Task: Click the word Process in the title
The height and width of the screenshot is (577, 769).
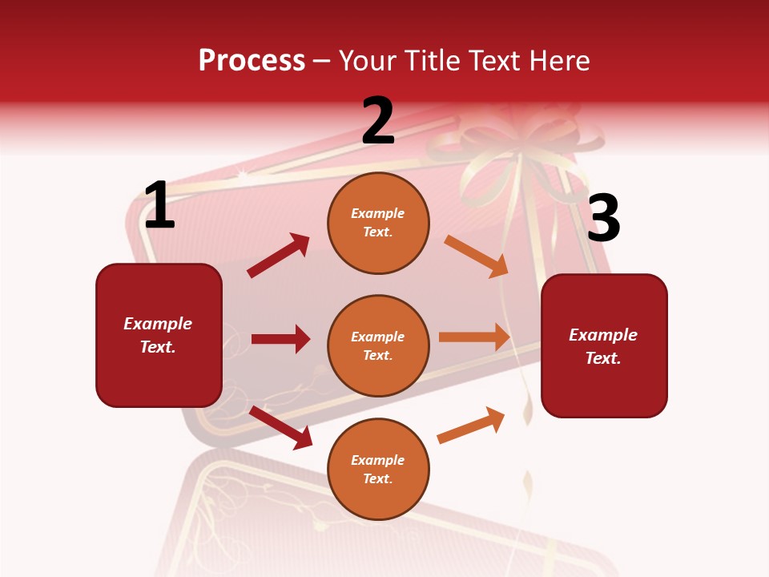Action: click(x=252, y=61)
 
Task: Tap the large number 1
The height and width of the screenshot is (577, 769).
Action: click(x=159, y=206)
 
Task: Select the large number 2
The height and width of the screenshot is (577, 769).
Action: click(x=378, y=121)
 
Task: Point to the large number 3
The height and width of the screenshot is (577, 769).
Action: click(x=603, y=219)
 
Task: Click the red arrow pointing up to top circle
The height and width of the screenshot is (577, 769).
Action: click(x=278, y=256)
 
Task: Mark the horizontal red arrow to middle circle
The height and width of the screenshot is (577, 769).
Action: click(x=280, y=339)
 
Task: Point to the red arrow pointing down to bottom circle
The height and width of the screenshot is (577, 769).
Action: click(x=280, y=427)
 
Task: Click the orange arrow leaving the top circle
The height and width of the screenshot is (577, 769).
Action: click(x=476, y=256)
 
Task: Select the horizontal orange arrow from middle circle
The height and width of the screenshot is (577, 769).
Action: click(x=474, y=337)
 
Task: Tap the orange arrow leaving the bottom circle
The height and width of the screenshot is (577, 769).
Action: click(x=471, y=425)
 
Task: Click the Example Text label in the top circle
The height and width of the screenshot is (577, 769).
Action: click(x=378, y=223)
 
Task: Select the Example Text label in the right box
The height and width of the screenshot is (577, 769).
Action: click(x=603, y=346)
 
